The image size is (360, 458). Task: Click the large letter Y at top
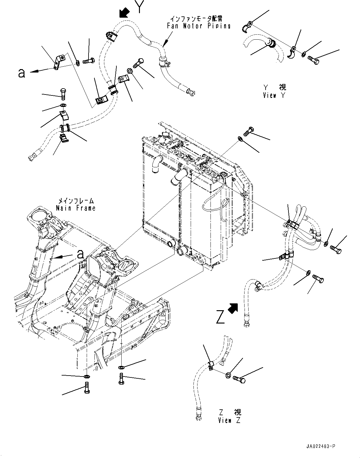(139, 7)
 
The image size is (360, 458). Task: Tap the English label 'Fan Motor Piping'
(198, 26)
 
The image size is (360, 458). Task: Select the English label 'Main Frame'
(76, 208)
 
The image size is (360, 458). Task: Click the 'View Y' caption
(274, 95)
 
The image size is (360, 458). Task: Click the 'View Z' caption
(229, 420)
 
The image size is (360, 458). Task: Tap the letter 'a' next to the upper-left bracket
(21, 73)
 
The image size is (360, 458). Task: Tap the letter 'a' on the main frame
(80, 254)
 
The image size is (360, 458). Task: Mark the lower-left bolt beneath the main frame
(87, 388)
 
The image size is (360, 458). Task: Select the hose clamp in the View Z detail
(210, 366)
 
